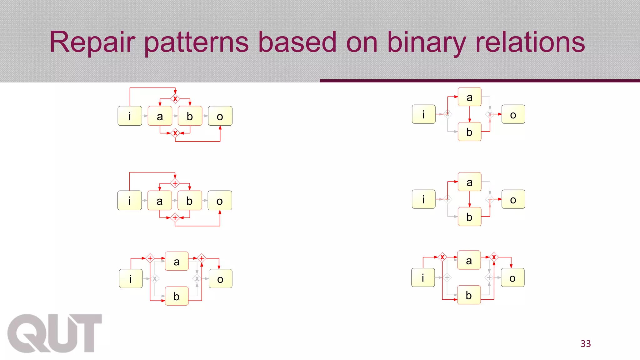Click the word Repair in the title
(x=92, y=42)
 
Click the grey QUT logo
(x=54, y=333)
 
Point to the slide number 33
(x=586, y=343)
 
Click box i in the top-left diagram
(x=130, y=116)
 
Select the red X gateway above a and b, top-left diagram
(x=175, y=99)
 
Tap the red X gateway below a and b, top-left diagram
(x=175, y=133)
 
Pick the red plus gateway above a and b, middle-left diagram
(x=175, y=183)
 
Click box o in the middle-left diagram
(x=220, y=201)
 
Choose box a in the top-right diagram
(x=469, y=97)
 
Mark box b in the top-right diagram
(x=469, y=132)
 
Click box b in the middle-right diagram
(x=469, y=217)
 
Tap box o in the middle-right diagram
(x=513, y=199)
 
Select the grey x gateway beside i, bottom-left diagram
(x=155, y=278)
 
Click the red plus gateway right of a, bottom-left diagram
(x=202, y=258)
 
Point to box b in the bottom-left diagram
(x=177, y=296)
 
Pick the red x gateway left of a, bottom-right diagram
(x=442, y=257)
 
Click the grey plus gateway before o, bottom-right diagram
(x=489, y=277)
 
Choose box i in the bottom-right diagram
(x=423, y=277)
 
